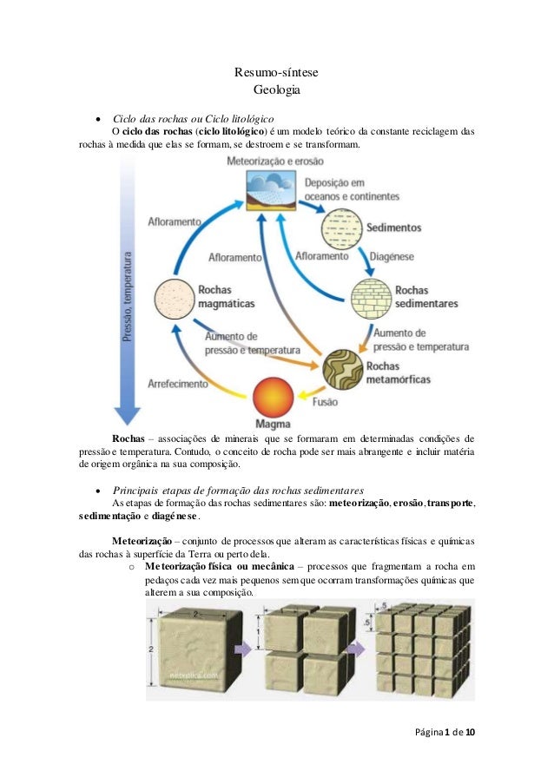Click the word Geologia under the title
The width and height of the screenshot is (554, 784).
coord(276,90)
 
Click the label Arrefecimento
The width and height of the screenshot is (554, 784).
coord(178,383)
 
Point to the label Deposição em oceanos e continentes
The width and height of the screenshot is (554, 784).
coord(340,190)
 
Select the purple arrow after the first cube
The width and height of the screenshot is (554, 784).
coord(246,647)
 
